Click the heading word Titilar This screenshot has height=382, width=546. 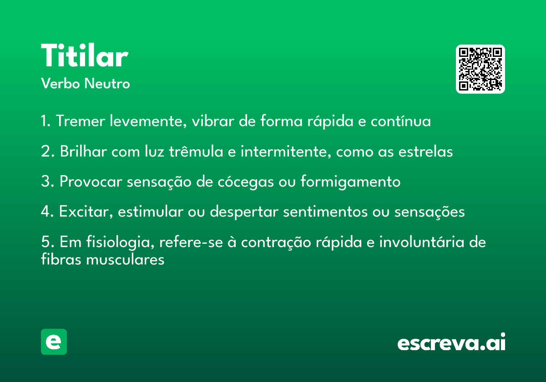(x=85, y=55)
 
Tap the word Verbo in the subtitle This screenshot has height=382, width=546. (x=61, y=84)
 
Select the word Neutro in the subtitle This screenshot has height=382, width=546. (x=107, y=84)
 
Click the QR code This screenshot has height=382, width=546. (x=480, y=69)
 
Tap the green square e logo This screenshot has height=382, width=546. (x=54, y=342)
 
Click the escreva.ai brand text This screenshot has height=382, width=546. (x=451, y=342)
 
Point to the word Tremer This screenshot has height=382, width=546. (x=81, y=121)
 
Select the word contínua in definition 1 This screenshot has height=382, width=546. (x=401, y=121)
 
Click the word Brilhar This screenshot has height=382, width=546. (x=83, y=151)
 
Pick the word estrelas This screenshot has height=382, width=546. (x=425, y=151)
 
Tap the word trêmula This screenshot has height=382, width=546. (x=196, y=151)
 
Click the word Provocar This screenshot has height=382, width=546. (x=91, y=181)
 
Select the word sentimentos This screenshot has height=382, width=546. (x=325, y=211)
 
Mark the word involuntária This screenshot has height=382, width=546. (x=422, y=242)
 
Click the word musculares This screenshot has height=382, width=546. (x=125, y=259)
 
